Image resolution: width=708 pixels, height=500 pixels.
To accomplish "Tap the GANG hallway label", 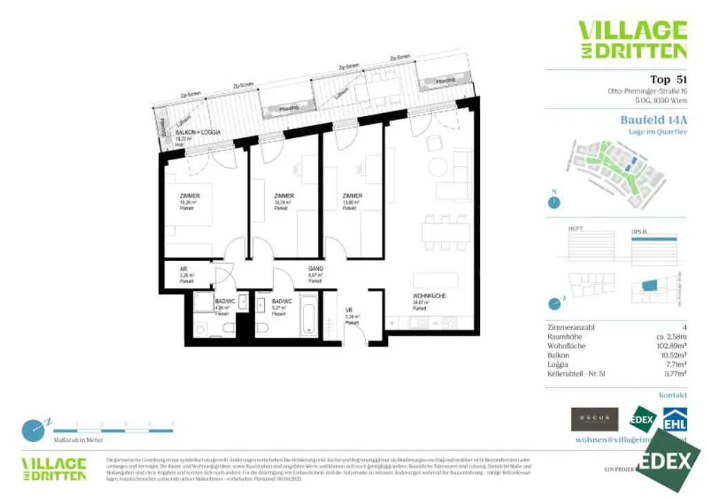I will coord(315,268).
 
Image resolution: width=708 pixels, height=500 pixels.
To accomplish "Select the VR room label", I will coord(349,310).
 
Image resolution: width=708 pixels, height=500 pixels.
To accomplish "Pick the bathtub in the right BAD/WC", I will coord(308,316).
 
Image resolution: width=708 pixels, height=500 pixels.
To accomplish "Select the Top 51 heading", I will coord(669,79).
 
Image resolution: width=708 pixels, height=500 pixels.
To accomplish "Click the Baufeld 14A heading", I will coord(653,119).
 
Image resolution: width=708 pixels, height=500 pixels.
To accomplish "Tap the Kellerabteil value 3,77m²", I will coord(674,374).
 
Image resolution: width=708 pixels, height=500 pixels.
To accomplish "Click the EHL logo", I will coord(674,419).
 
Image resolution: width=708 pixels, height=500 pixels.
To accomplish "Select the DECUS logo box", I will coord(594,419).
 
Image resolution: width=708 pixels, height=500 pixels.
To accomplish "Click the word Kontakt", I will coord(673,395).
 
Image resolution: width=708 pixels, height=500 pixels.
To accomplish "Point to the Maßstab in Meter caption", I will coord(80,439).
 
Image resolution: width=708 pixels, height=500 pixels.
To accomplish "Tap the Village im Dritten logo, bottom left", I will coord(54,468).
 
